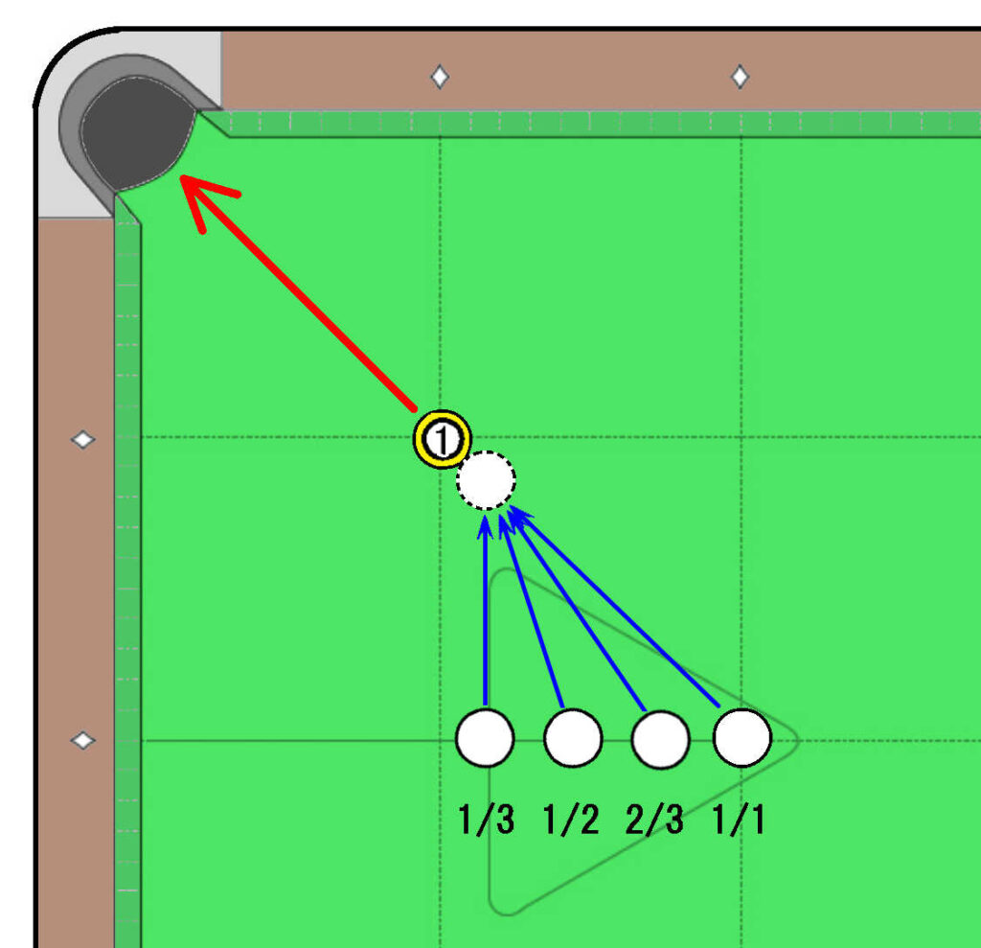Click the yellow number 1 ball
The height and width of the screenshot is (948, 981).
pos(442,439)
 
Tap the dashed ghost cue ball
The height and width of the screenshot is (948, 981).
pos(486,480)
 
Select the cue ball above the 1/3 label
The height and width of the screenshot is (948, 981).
pos(486,738)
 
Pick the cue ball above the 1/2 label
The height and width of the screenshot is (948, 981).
pos(573,738)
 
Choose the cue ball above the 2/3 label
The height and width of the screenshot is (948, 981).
pos(661,739)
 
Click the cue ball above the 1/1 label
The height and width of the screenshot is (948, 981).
pos(742,738)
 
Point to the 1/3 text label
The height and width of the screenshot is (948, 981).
pos(486,820)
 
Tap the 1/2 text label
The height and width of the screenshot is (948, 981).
pos(572,820)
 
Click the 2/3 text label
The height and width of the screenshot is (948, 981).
pos(654,820)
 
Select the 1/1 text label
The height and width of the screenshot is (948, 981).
pos(739,820)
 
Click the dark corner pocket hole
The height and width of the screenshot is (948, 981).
pos(136,132)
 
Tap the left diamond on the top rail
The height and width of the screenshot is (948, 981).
pos(441,77)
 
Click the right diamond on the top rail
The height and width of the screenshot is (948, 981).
pos(741,77)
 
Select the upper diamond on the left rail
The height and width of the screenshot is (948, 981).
pos(82,440)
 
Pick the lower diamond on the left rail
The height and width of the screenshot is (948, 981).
pos(82,741)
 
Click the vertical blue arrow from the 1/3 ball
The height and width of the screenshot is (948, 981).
pos(486,611)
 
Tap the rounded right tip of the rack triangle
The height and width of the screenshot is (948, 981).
pos(798,741)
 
